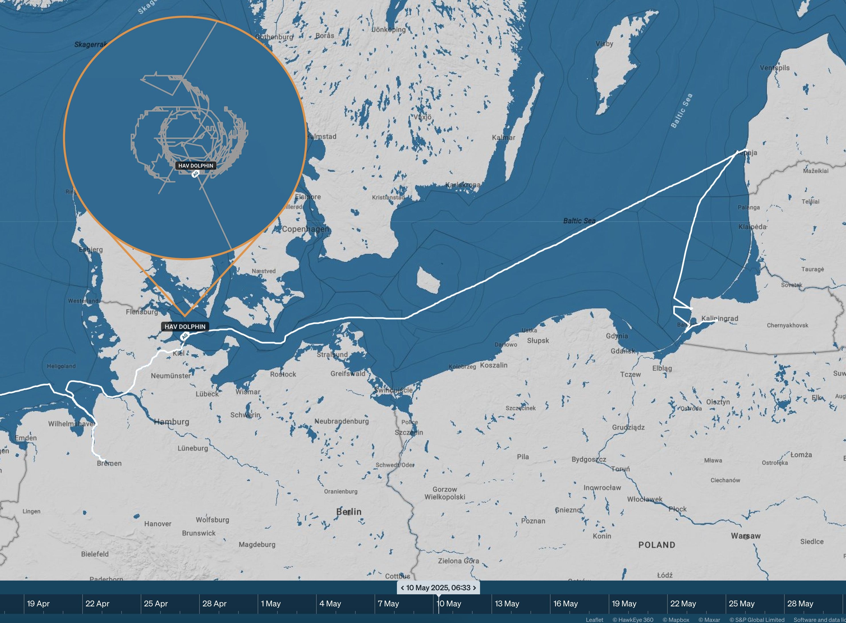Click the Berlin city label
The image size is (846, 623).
[x=348, y=512]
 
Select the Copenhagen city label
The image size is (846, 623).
[x=305, y=229]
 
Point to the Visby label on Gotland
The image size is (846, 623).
[x=604, y=44]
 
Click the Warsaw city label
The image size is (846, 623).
[x=745, y=536]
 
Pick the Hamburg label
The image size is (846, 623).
[x=171, y=422]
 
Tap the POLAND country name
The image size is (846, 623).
[x=657, y=545]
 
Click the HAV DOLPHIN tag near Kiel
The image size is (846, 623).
[x=185, y=327]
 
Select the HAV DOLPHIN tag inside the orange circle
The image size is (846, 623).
[x=195, y=166]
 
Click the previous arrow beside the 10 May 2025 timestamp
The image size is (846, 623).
[x=402, y=587]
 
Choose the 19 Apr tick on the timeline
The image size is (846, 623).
[x=38, y=603]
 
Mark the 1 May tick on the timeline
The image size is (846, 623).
[x=271, y=603]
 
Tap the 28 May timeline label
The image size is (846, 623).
[x=800, y=603]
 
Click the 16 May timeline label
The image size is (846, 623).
[x=565, y=603]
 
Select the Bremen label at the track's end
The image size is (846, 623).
[x=109, y=464]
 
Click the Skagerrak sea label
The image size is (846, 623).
[x=90, y=44]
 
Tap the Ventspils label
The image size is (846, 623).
[x=774, y=68]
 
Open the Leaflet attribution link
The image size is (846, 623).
[x=594, y=620]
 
